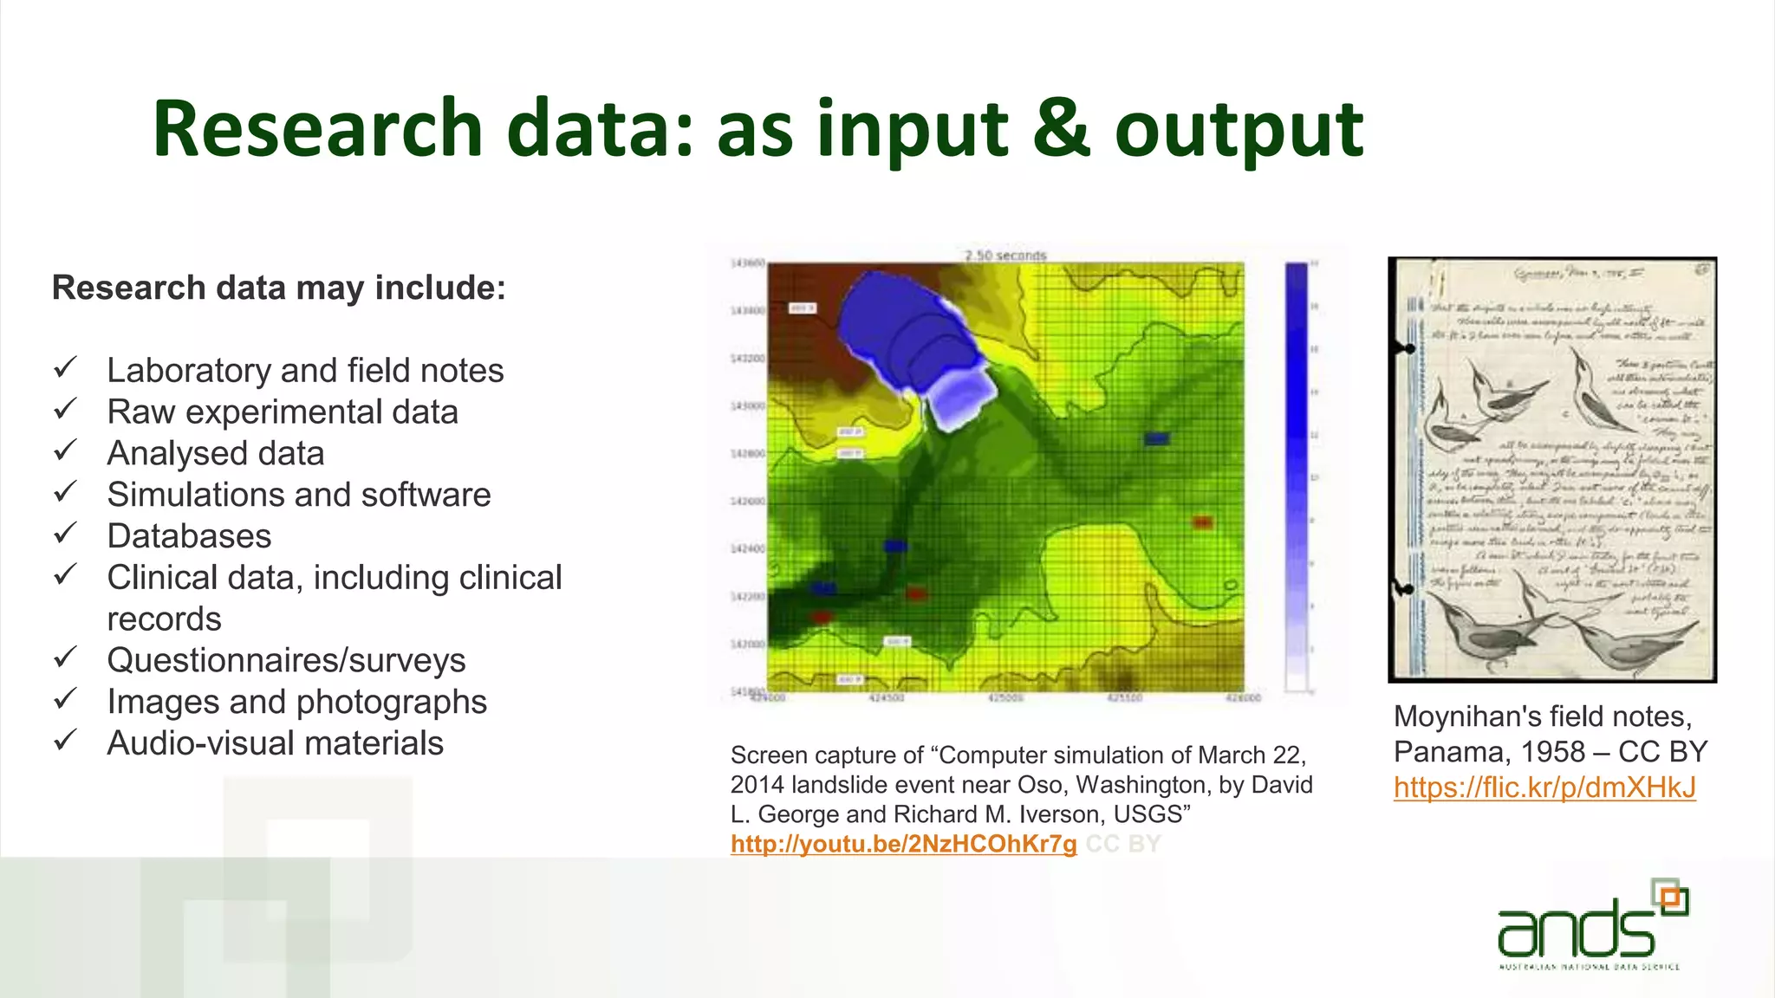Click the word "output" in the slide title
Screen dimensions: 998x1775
[x=1239, y=130]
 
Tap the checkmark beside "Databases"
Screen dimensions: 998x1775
[x=66, y=533]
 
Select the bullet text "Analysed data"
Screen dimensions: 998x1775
[x=216, y=453]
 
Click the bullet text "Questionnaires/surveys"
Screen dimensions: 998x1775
[x=286, y=660]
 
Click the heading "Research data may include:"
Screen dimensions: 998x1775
[x=278, y=288]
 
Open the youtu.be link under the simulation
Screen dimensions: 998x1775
[x=903, y=844]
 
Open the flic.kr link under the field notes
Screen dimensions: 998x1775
[x=1544, y=787]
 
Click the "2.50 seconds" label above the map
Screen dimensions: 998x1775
[x=1005, y=256]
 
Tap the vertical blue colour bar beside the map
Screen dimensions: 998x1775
[x=1296, y=476]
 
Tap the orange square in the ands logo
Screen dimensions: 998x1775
[x=1672, y=899]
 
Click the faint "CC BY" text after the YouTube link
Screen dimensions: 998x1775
[x=1122, y=844]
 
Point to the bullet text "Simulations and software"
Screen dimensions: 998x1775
[x=299, y=495]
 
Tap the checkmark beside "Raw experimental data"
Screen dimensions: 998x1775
[x=66, y=408]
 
